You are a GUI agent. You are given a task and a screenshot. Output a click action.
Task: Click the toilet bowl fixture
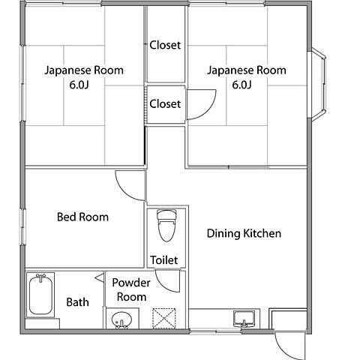coord(166,226)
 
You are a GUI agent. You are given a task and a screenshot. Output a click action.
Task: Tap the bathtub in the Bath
coord(40,295)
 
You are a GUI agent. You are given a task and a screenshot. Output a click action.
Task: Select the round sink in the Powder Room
coord(121,319)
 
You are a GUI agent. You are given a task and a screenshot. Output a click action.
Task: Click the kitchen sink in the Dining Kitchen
coord(244,319)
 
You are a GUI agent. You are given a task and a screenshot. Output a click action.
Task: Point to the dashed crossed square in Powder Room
coord(164,318)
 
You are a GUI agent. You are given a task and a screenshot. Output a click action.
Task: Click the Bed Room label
coord(82,217)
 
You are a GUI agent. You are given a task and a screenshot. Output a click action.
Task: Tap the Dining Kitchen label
coord(244,233)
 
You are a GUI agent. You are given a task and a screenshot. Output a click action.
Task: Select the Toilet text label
coord(164,260)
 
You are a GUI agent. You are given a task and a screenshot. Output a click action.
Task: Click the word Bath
coord(78,302)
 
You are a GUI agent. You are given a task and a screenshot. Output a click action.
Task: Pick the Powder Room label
coord(131,289)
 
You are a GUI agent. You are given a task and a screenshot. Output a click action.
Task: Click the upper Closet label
coord(165,45)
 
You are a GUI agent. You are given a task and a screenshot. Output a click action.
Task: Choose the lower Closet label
coord(165,104)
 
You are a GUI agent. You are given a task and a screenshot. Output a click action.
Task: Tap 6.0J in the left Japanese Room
coord(79,85)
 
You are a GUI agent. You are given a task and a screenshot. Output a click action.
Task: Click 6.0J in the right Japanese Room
coord(241,85)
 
